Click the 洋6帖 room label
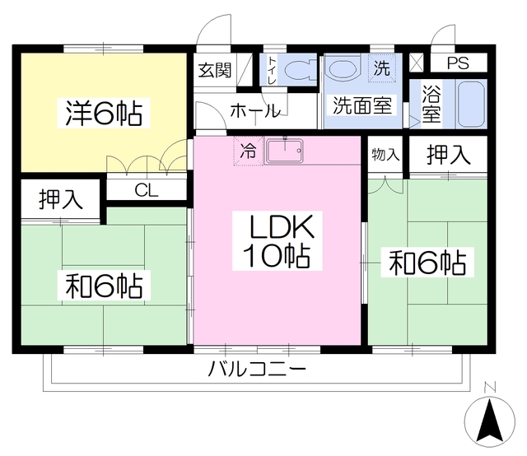pos(104,114)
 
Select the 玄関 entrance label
pos(214,70)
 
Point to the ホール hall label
pos(255,111)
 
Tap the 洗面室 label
pos(363,105)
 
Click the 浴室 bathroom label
pos(430,105)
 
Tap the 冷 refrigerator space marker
pos(247,151)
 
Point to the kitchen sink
pos(285,151)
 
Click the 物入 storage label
pos(385,155)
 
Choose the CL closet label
pos(147,190)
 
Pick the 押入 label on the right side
pos(449,154)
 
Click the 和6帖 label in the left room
pos(105,287)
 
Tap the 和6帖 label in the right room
pos(427,263)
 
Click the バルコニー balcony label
pos(257,369)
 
